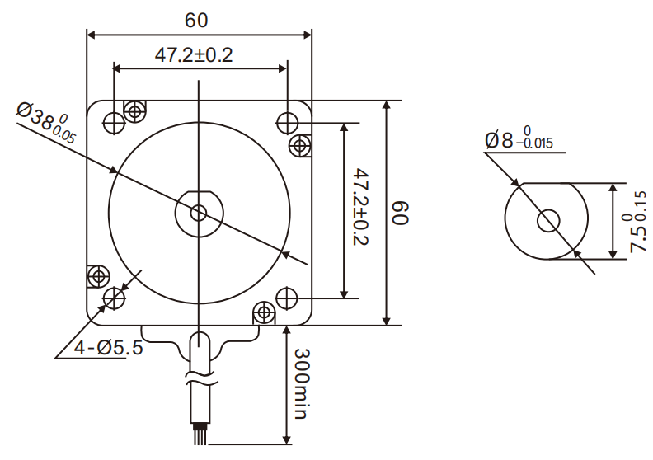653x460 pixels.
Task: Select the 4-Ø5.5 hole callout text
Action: [x=107, y=348]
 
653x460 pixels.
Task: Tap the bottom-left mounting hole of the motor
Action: [x=114, y=297]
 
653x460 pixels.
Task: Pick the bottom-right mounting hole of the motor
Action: [x=286, y=296]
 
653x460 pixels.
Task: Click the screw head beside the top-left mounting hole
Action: [x=134, y=110]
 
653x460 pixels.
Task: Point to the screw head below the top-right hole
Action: [x=299, y=147]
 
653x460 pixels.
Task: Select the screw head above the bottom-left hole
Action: [x=100, y=275]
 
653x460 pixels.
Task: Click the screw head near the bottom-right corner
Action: [x=264, y=312]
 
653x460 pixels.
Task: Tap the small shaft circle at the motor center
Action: [x=199, y=213]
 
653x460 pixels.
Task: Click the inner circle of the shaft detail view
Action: [x=548, y=220]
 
